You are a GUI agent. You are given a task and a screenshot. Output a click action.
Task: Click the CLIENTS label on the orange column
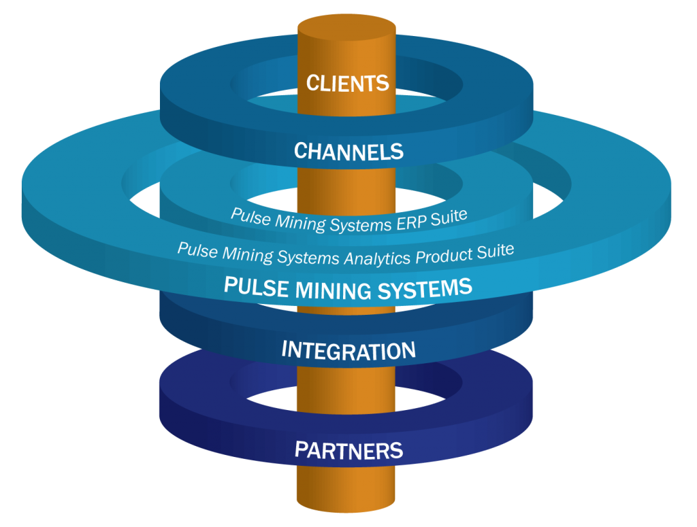click(x=347, y=83)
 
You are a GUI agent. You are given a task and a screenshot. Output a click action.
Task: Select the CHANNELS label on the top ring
click(x=348, y=151)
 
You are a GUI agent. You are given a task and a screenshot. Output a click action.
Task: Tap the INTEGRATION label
click(x=348, y=351)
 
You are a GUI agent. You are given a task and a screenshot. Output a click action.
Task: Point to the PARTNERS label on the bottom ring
click(x=348, y=449)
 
